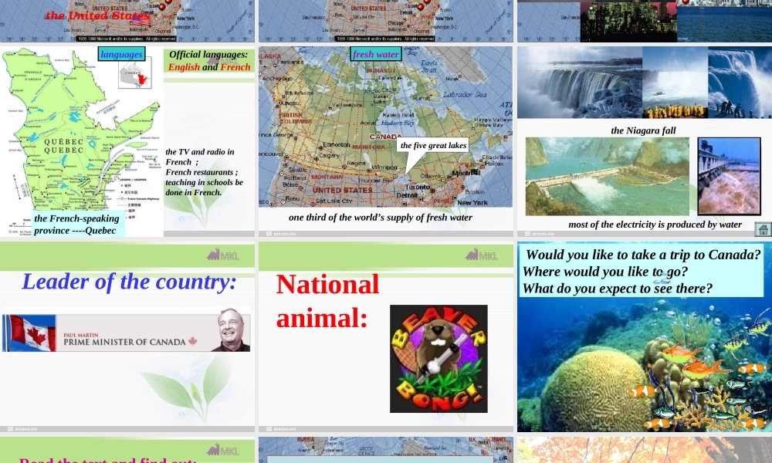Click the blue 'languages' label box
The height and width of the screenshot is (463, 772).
[122, 54]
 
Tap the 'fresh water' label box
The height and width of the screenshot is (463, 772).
[376, 54]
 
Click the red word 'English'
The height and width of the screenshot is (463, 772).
[184, 67]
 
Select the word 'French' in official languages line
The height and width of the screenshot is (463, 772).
[235, 67]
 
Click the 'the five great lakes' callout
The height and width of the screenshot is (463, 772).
[433, 145]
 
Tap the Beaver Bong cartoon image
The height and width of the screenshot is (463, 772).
[438, 358]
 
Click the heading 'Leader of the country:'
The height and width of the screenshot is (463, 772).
[129, 282]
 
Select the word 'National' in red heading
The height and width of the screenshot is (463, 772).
[327, 285]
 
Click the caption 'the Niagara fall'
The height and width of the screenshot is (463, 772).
[643, 130]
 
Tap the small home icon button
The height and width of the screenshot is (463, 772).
[763, 228]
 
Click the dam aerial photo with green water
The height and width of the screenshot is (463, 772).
[607, 176]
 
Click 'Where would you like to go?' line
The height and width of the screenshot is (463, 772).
[604, 272]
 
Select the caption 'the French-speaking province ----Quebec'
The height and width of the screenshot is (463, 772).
[76, 225]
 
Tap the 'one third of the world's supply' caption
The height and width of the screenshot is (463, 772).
[381, 218]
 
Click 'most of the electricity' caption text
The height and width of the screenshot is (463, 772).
[655, 225]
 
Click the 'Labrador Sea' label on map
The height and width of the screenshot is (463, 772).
[464, 95]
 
